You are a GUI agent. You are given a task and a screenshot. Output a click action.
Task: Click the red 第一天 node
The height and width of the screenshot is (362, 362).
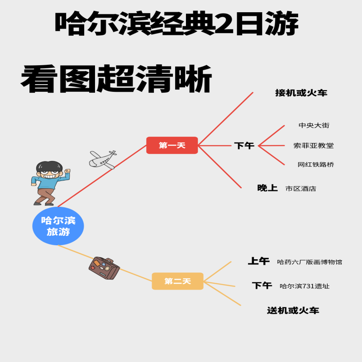click(x=172, y=145)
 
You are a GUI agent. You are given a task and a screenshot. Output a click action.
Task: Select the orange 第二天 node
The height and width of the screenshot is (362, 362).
click(x=177, y=281)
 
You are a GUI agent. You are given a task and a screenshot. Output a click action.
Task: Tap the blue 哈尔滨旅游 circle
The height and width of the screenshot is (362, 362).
click(x=58, y=226)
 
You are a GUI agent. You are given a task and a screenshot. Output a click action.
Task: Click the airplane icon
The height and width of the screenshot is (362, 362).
click(x=103, y=159)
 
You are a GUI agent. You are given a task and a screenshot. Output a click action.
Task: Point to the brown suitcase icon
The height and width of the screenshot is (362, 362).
click(x=104, y=268)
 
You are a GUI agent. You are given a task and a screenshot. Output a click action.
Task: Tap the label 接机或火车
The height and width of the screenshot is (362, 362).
click(x=301, y=93)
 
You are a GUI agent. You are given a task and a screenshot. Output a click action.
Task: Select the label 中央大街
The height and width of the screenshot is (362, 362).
click(x=311, y=125)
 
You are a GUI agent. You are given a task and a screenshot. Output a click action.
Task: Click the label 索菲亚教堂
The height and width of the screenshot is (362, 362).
click(x=314, y=146)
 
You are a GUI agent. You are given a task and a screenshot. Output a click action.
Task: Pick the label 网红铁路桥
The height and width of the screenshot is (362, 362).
click(x=315, y=165)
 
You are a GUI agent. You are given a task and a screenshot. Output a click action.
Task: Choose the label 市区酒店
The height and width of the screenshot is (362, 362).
click(x=300, y=188)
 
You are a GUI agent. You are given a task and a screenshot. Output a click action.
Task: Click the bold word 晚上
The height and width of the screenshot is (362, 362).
click(x=267, y=188)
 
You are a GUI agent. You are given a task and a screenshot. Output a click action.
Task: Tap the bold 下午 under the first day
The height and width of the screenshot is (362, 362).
click(x=244, y=146)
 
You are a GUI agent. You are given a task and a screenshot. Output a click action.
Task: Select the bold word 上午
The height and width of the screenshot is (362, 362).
click(x=258, y=261)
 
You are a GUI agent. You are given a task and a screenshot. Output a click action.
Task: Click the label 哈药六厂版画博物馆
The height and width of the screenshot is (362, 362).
click(x=310, y=262)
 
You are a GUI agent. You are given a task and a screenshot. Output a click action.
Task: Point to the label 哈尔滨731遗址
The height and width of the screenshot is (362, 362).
click(x=305, y=286)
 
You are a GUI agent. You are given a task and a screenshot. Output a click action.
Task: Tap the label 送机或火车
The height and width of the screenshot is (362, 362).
click(x=293, y=310)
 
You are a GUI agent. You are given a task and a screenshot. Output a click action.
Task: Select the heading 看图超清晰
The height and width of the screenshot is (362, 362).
click(x=116, y=80)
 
